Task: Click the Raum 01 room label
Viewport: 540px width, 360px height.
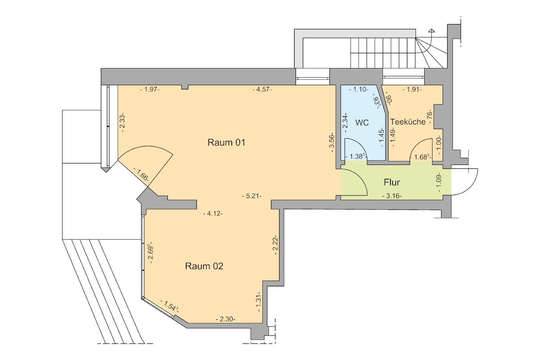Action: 226,142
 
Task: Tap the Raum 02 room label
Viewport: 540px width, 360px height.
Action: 204,266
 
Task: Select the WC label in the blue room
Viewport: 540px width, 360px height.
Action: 362,123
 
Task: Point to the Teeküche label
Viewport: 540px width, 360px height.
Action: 408,122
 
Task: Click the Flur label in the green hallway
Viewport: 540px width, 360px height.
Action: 392,183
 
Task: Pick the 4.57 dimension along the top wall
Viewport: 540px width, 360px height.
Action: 262,89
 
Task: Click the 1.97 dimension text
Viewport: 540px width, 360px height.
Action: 150,89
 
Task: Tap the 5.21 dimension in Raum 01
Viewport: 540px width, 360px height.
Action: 252,196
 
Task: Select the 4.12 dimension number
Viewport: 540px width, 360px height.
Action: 213,214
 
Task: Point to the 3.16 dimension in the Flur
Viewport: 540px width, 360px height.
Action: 392,196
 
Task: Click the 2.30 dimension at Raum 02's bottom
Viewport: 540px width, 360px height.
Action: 225,319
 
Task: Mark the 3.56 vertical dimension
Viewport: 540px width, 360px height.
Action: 332,142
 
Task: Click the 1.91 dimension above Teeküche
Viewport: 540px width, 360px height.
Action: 412,89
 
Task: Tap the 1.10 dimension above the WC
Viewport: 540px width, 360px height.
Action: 359,89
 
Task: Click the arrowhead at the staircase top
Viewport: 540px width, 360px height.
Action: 432,31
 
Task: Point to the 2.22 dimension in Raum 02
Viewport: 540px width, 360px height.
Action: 275,245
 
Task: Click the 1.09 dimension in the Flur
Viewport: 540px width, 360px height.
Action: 439,182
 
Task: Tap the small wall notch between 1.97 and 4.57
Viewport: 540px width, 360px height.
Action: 185,87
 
